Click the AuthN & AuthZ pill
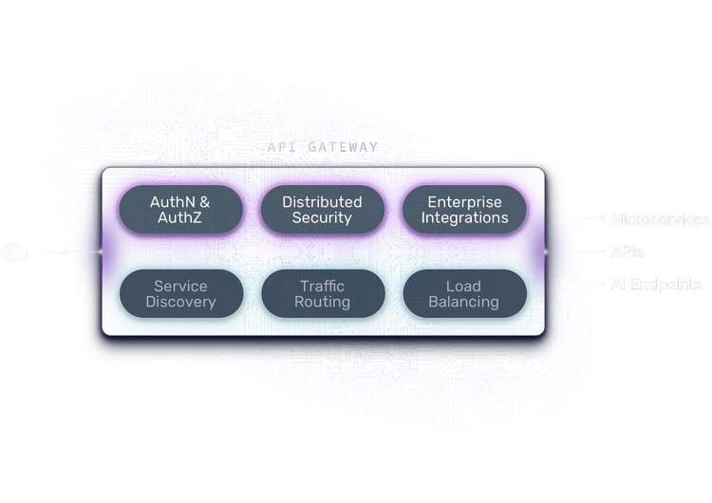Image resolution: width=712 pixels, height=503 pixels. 180,210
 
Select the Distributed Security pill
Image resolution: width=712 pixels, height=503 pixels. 323,210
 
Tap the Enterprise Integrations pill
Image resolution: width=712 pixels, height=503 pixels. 465,210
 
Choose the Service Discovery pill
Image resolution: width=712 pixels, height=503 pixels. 180,294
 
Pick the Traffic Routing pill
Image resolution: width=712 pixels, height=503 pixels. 323,294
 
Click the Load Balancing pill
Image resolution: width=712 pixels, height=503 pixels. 464,294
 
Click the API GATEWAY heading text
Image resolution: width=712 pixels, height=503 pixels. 322,148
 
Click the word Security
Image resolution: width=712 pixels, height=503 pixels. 323,218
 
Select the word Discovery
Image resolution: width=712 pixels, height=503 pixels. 180,303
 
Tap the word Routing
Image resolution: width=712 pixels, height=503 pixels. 323,303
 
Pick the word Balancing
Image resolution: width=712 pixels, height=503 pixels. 464,303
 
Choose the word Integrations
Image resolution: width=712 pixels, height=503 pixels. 465,218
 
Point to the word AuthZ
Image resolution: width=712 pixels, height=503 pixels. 180,218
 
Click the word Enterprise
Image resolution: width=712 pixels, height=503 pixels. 465,202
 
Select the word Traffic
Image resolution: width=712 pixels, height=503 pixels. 323,286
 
